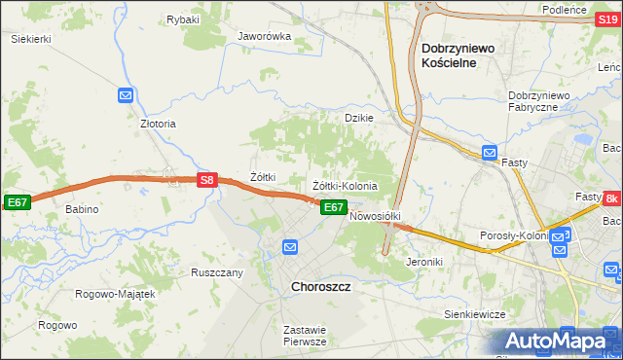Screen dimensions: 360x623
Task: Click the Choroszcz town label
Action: (x=320, y=288)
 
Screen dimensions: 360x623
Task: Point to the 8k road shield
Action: (x=611, y=198)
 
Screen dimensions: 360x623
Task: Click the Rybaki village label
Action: (x=183, y=19)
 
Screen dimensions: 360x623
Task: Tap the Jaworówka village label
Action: (x=265, y=37)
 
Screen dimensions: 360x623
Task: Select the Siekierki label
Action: (x=31, y=39)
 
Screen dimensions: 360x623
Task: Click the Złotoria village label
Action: (x=158, y=125)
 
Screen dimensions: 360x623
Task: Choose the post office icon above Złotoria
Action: (x=126, y=94)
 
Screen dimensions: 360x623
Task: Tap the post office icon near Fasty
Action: (x=490, y=153)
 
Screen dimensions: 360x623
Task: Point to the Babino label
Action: (x=83, y=209)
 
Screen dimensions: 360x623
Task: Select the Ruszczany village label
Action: (x=217, y=273)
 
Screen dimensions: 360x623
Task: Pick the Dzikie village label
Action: (x=359, y=118)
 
